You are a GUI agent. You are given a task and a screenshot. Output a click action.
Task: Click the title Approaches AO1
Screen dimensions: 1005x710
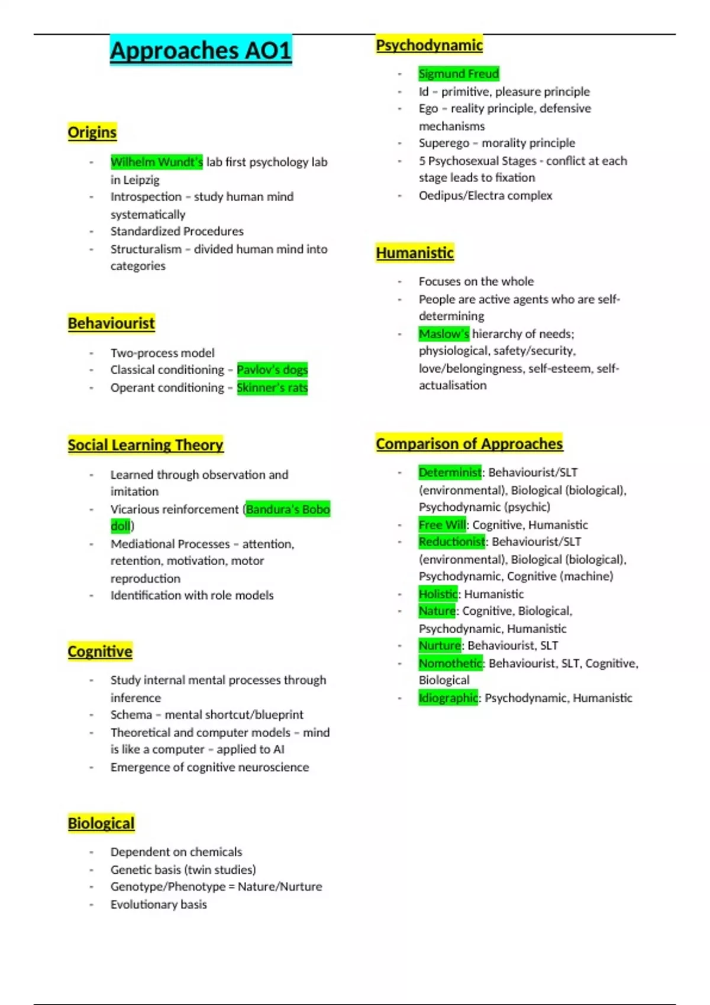tap(201, 50)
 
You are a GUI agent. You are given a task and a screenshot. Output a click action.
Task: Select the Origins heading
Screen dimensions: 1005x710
tap(92, 132)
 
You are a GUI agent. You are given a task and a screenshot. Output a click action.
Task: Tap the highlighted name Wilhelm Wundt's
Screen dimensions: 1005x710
tap(156, 162)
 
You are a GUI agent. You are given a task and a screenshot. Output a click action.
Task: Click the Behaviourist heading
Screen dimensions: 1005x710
tap(111, 323)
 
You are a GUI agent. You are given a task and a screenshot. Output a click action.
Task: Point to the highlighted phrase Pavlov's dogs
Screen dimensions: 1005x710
tap(272, 370)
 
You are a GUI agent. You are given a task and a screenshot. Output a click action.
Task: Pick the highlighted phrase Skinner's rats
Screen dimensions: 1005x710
tap(272, 388)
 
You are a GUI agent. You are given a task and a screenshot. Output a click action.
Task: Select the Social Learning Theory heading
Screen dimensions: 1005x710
tap(146, 445)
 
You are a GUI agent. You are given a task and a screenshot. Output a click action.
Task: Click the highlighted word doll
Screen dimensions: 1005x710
tap(120, 526)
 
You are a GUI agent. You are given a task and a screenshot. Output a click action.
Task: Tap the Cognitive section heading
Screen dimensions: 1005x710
tap(100, 651)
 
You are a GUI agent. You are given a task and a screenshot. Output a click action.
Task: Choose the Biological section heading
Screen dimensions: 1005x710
tap(101, 823)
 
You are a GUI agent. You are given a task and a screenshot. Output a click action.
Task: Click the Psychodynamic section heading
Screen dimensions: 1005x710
tap(429, 45)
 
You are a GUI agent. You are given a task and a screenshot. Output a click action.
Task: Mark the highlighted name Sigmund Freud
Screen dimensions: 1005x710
tap(459, 74)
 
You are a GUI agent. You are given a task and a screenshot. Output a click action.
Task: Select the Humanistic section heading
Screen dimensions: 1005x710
tap(415, 252)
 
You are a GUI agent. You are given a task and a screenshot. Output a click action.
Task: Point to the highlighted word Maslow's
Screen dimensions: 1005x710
tap(444, 334)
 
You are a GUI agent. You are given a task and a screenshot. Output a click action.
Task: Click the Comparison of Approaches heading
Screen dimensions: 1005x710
tap(469, 443)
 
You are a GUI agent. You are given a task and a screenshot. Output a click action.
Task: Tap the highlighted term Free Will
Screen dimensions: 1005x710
tap(442, 525)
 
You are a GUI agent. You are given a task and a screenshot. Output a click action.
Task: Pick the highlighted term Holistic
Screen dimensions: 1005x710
tap(438, 594)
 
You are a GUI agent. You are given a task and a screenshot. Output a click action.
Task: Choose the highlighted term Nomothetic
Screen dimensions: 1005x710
tap(450, 663)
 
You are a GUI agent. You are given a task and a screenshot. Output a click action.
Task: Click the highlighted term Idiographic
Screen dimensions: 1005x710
tap(448, 698)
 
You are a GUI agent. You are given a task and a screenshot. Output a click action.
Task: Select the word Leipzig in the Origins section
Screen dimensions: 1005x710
tap(141, 180)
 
